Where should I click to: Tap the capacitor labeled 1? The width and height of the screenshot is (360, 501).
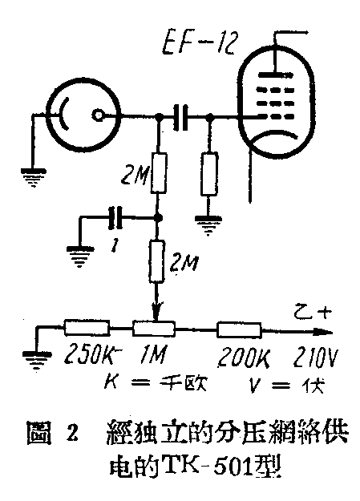point(115,216)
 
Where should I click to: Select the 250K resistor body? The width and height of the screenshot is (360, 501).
point(86,329)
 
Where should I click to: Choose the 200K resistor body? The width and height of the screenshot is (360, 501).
point(239,329)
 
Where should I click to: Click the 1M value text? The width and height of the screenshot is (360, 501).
point(160,355)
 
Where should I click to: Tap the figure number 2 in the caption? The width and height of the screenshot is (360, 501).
point(72,437)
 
